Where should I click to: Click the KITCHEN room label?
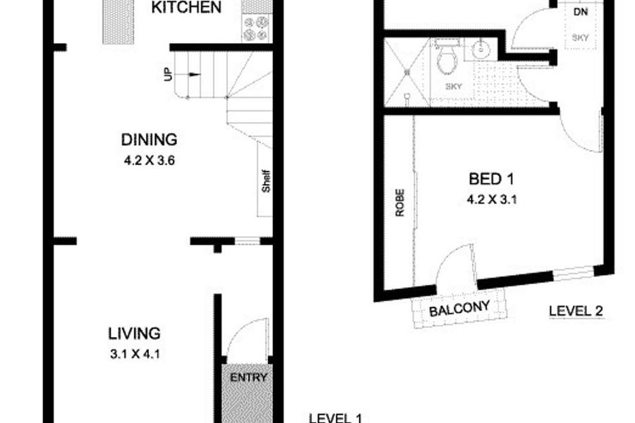coord(186,7)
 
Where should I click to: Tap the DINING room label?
coord(149,140)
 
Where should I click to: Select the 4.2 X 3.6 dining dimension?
coord(149,161)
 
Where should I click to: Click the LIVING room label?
coord(135,333)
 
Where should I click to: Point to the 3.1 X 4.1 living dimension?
coord(135,354)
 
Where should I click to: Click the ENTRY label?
coord(248,378)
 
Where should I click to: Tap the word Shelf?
coord(266,181)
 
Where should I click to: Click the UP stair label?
coord(168,74)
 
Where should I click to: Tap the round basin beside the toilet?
coord(481,50)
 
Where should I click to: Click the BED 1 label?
coord(491,178)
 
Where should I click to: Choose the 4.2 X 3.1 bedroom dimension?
coord(492,200)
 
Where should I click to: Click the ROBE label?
coord(400,202)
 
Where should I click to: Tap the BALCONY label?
coord(459,309)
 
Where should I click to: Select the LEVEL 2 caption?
coord(576,311)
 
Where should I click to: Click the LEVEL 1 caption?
coord(335,418)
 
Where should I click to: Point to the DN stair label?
coord(581,12)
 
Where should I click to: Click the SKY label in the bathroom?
coord(454,86)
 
